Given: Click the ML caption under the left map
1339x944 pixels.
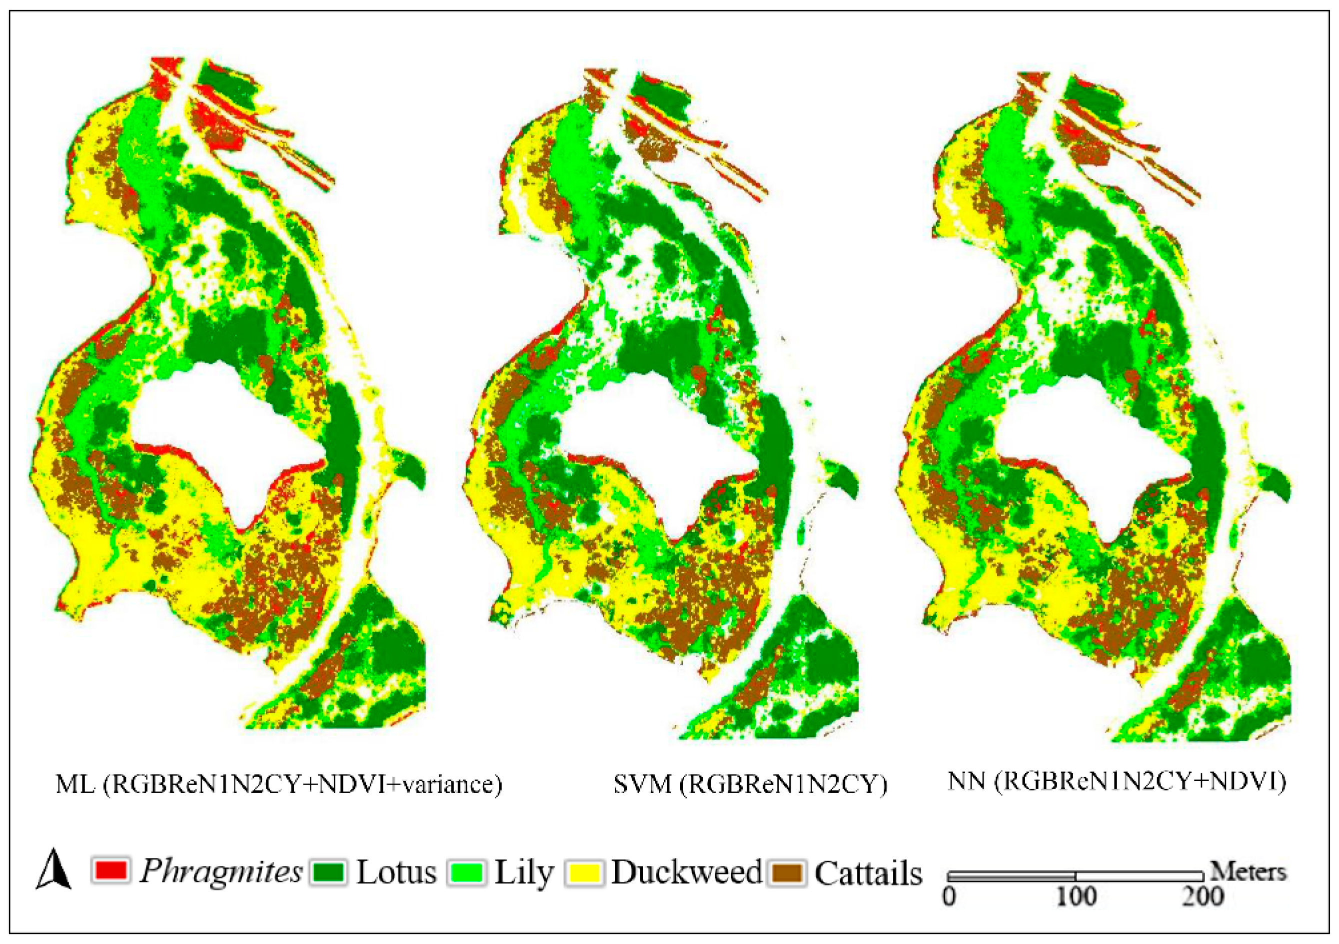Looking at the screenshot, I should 278,784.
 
